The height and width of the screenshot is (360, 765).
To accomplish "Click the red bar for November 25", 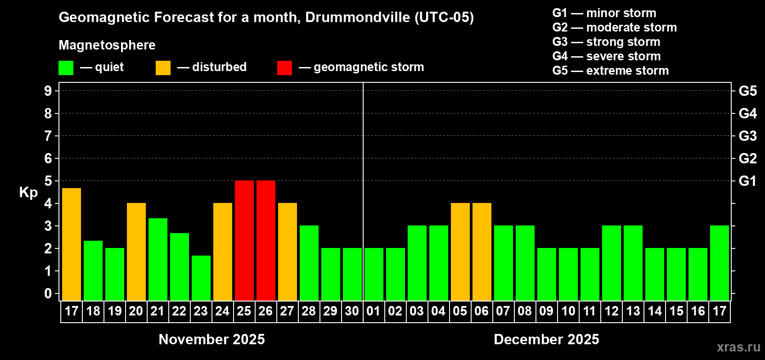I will coord(244,240).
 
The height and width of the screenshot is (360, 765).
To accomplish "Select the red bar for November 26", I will coord(266,240).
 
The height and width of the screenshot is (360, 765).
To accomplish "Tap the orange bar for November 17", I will coord(72,244).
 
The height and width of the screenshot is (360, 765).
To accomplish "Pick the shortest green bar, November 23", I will coord(201,278).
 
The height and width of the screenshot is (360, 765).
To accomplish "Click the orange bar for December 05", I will coord(460,252).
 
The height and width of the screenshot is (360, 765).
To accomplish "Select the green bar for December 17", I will coord(720,263).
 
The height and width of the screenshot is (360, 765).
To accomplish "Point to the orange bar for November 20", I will coord(136,252).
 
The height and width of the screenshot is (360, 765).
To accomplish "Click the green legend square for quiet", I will coord(66,68).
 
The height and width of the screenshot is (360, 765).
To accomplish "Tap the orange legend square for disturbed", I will coord(163,68).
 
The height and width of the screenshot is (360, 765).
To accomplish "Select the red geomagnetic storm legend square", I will coord(284,68).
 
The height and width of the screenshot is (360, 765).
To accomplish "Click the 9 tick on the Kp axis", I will coord(48,91).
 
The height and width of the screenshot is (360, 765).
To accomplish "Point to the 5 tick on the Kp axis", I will coord(48,181).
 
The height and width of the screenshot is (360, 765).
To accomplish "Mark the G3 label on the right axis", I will coord(747,136).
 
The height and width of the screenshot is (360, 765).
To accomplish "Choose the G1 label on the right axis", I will coord(747,181).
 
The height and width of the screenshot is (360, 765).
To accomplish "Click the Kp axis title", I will coord(28,193).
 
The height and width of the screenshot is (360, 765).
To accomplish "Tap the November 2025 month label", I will coord(212,339).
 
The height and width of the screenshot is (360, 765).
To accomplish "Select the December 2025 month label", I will coord(546,339).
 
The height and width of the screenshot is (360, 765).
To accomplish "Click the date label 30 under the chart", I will coord(352,311).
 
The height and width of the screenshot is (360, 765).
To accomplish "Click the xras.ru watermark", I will coord(738,346).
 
